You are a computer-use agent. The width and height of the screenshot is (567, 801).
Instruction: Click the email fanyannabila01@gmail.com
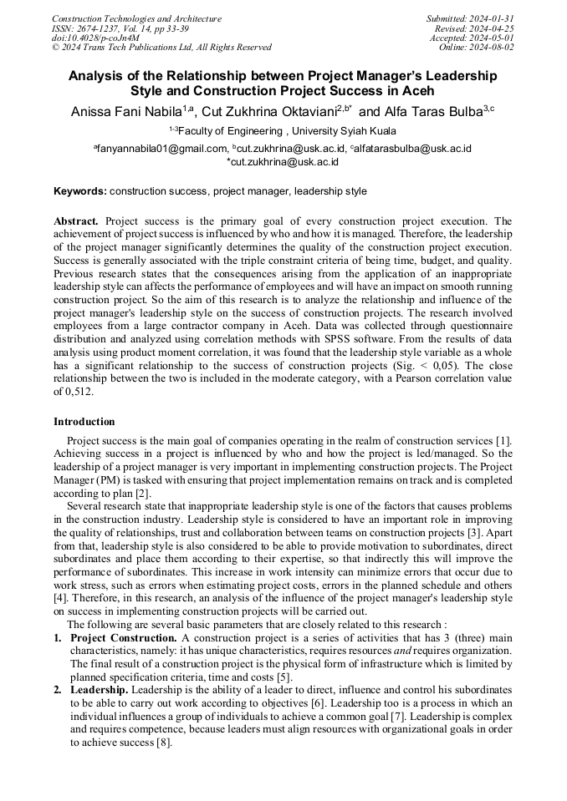coord(162,149)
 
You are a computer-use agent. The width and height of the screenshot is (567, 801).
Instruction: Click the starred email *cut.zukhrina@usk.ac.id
coord(283,162)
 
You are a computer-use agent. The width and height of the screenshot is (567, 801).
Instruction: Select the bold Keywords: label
coord(80,191)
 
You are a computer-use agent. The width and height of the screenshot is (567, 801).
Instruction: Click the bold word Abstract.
coord(75,221)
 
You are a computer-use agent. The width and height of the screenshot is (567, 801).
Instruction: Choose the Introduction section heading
coord(84,422)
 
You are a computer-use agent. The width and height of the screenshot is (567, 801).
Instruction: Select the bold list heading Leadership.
coord(99,690)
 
